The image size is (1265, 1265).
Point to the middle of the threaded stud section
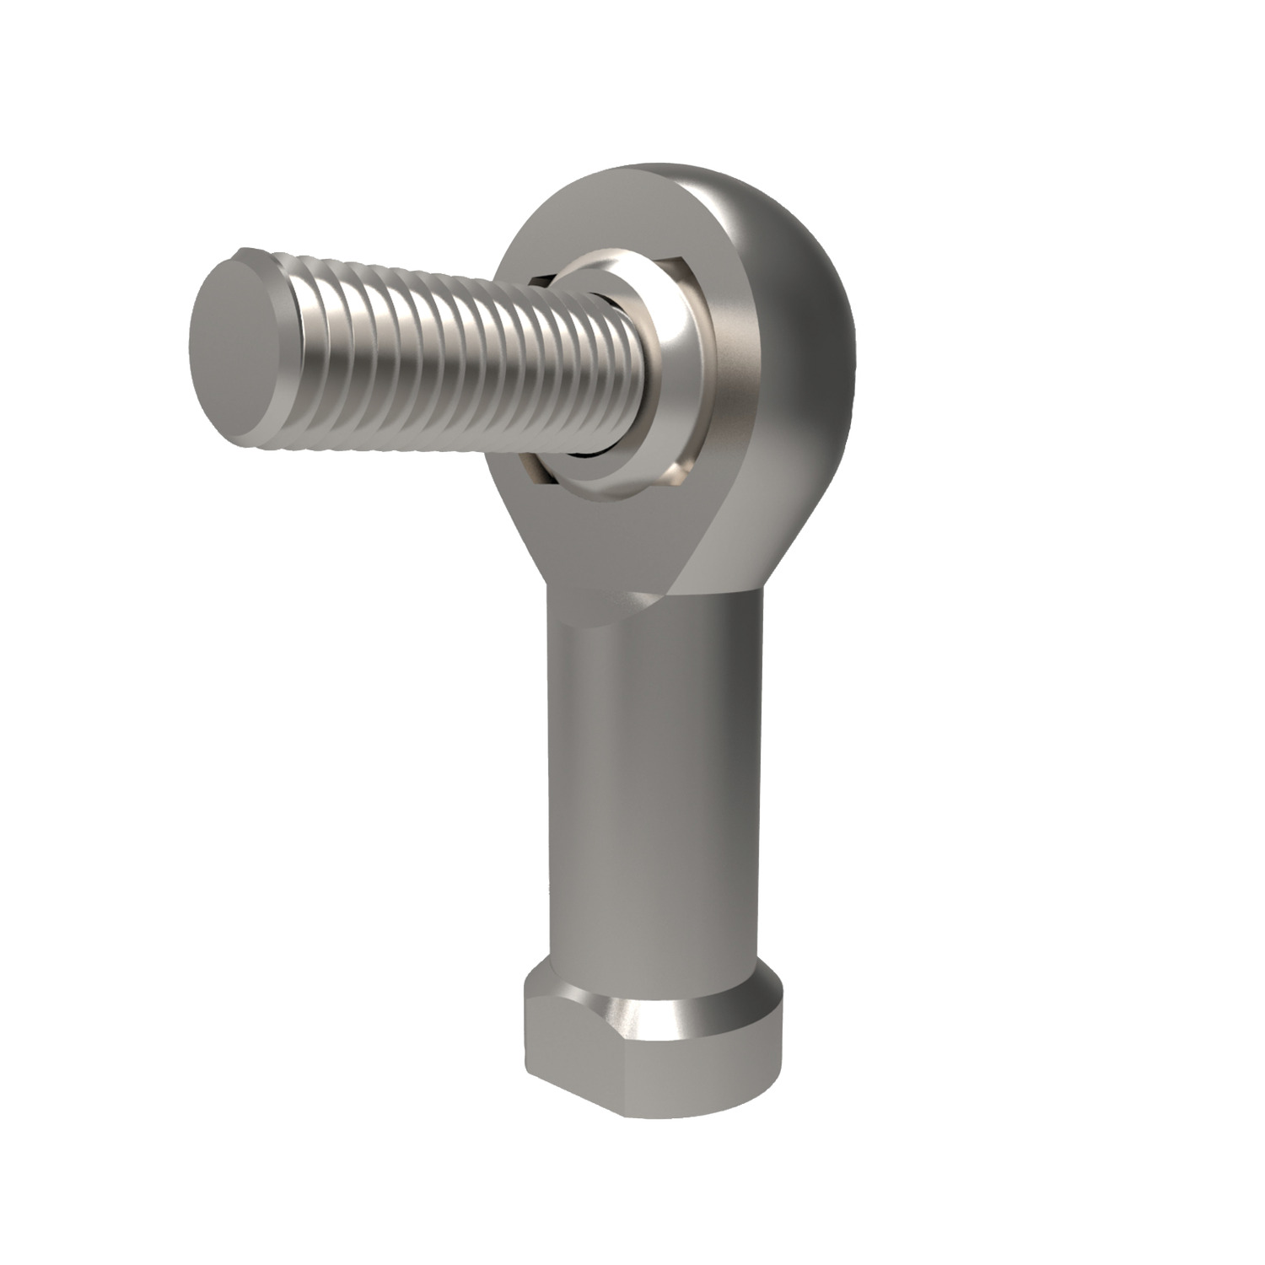(x=422, y=354)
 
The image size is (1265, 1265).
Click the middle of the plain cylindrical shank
(x=649, y=801)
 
